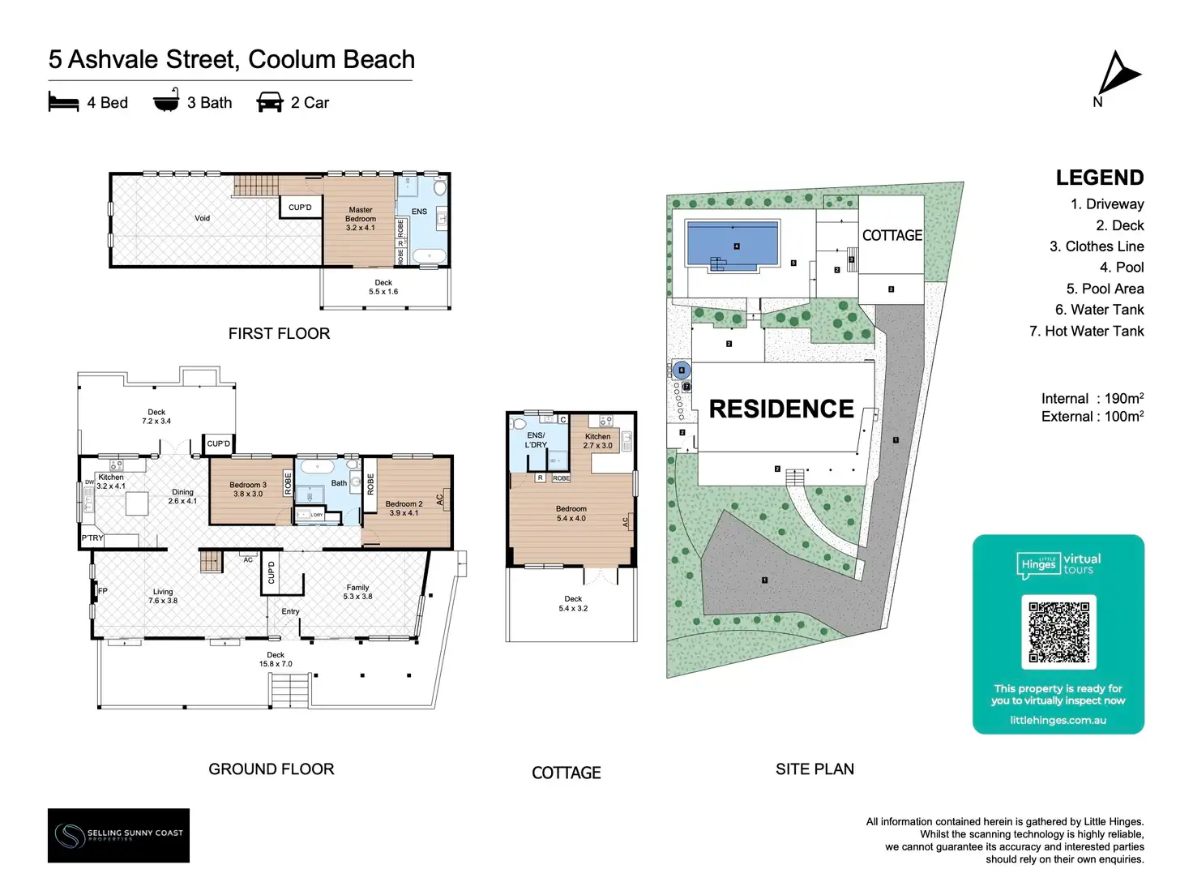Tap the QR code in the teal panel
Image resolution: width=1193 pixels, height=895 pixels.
pos(1058,632)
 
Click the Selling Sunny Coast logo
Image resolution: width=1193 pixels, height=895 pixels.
pos(118,835)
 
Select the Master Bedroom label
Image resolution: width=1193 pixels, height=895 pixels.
pos(361,219)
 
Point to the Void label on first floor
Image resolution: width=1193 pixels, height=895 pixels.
pos(202,218)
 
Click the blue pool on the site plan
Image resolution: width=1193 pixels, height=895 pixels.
pos(733,242)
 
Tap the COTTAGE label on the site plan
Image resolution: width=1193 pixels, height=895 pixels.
pos(892,235)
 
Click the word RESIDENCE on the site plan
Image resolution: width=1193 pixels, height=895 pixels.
pos(781,409)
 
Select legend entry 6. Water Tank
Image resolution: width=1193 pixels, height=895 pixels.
pos(1099,310)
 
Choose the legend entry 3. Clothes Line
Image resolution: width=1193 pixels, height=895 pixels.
pos(1097,246)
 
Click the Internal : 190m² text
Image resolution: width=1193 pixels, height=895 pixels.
pos(1092,398)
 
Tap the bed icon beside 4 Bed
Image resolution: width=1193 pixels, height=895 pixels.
pos(63,102)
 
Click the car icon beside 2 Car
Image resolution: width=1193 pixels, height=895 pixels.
pos(270,102)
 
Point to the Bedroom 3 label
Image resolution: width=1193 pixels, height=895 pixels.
pos(248,489)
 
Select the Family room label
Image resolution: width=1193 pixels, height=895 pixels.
pos(357,592)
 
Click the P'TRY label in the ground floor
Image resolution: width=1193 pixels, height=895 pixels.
pos(92,538)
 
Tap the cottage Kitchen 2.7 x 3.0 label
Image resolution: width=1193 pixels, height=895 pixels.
pos(598,441)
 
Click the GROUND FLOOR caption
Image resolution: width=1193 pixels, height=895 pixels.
pos(272,769)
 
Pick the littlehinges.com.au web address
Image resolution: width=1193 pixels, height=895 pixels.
pos(1058,720)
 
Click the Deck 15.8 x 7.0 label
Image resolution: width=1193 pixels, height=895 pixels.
pos(276,659)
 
